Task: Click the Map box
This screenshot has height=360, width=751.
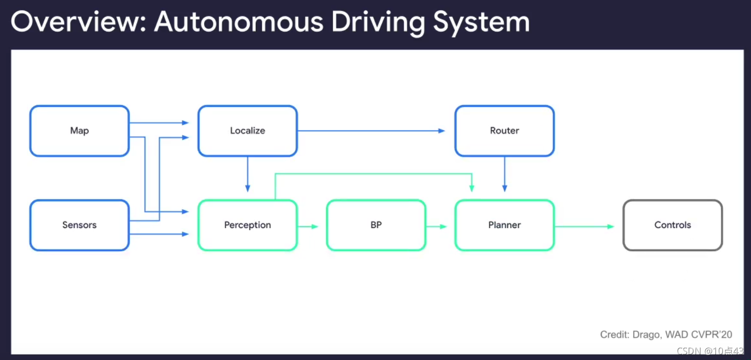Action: (79, 131)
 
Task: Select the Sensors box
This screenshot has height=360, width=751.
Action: (79, 225)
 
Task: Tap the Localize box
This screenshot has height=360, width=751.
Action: (247, 131)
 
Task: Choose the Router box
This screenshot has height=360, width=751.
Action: (504, 131)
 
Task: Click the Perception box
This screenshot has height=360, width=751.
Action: (247, 225)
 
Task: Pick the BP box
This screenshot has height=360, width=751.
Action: (376, 225)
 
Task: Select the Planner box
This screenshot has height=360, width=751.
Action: (504, 225)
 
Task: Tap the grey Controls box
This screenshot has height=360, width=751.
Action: (672, 225)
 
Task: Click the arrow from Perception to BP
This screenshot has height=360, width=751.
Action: (308, 227)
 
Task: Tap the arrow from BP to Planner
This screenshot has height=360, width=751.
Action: (436, 227)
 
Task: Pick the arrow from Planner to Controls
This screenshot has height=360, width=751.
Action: (584, 227)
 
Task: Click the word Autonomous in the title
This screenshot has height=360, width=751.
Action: (239, 22)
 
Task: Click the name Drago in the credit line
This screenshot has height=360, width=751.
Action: (644, 335)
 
